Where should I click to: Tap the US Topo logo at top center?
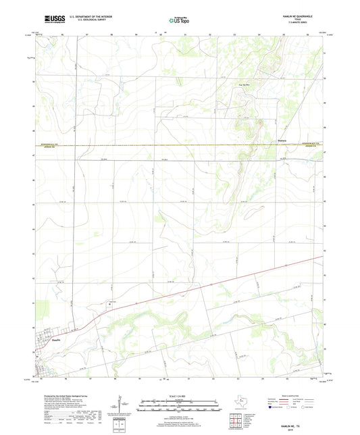[179, 20]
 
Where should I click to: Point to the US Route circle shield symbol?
[293, 408]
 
